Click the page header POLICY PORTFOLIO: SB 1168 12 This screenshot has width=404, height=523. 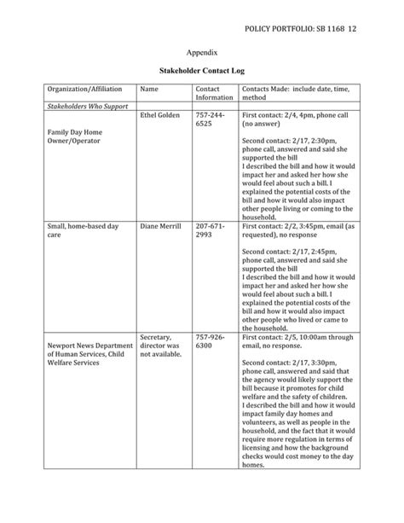(312, 30)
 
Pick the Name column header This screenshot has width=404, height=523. (149, 89)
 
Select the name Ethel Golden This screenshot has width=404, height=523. (159, 115)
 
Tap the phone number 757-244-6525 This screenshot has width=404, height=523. (210, 119)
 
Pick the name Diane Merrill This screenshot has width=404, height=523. (161, 226)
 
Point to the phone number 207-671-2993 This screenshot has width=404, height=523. (210, 230)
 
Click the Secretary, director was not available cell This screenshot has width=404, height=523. (160, 346)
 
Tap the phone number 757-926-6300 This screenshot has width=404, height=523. (210, 341)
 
